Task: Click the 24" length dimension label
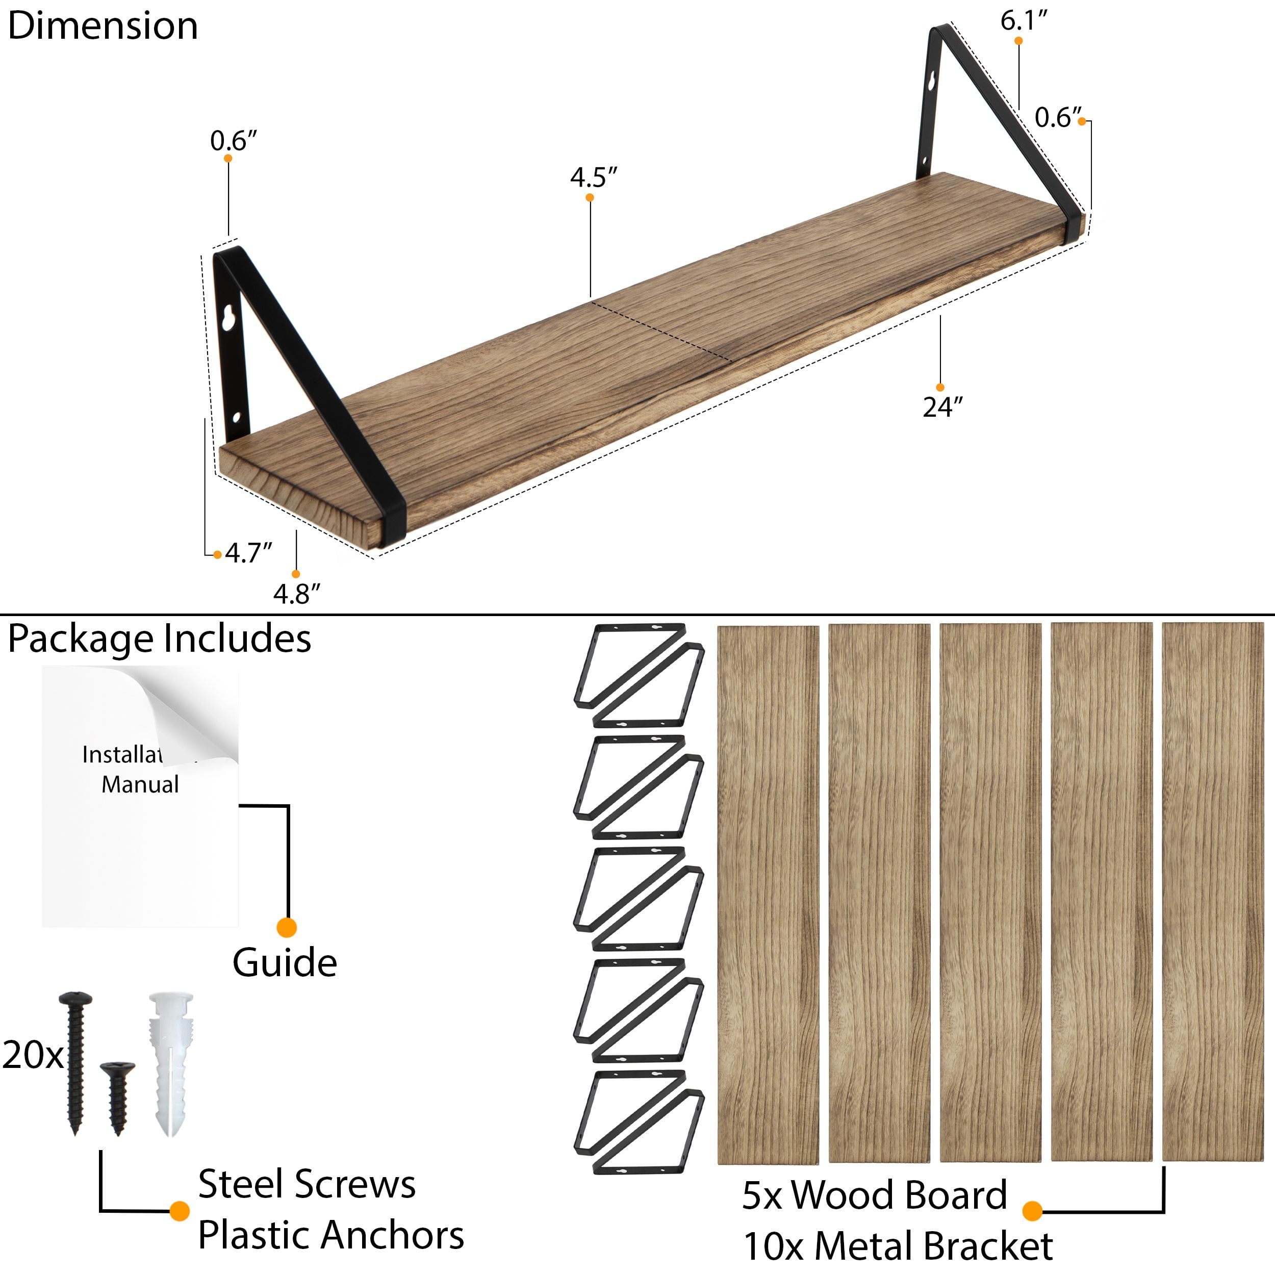[x=942, y=407]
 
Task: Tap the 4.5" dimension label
[x=593, y=177]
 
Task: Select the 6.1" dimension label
[x=1024, y=21]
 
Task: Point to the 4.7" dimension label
[x=248, y=552]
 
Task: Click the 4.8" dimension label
[x=296, y=594]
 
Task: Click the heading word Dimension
[x=103, y=27]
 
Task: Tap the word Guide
[x=285, y=962]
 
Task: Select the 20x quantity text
[x=32, y=1055]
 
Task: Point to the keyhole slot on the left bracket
[x=229, y=319]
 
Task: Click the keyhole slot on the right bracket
[x=931, y=84]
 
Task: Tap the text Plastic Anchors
[x=330, y=1235]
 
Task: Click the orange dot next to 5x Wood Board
[x=1032, y=1210]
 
